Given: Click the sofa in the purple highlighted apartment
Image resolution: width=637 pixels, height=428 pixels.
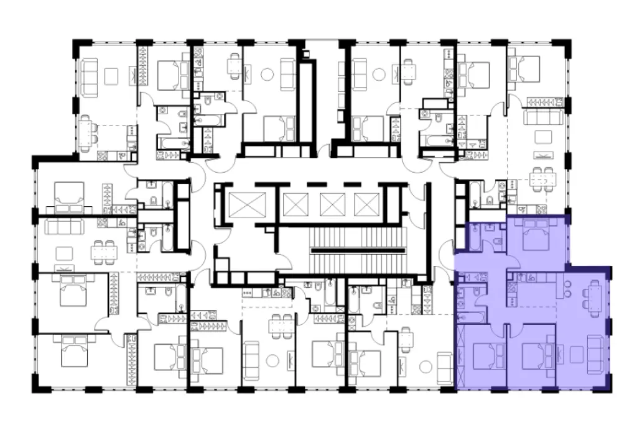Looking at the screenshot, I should pos(596,354).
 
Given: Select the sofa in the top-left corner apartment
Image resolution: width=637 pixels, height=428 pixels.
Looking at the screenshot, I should pos(90,75).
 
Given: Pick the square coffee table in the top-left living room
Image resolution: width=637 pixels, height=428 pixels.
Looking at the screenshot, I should pos(111,75).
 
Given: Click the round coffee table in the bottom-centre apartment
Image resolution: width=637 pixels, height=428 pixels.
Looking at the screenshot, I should pos(271,359).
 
